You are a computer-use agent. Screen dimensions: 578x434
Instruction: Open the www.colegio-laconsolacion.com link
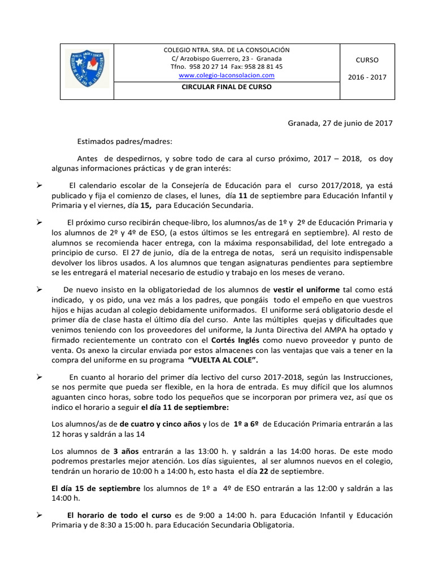[x=227, y=75]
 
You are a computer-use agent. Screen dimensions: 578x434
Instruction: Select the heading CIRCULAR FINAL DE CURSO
[x=226, y=87]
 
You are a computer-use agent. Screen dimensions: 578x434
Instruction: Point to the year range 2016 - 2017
[x=367, y=77]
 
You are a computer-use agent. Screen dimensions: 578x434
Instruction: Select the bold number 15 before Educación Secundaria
[x=146, y=206]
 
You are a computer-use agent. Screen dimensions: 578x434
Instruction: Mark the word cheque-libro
[x=158, y=222]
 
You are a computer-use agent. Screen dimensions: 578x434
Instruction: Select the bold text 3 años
[x=127, y=451]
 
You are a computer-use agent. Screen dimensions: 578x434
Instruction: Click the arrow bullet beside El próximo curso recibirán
[x=40, y=222]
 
